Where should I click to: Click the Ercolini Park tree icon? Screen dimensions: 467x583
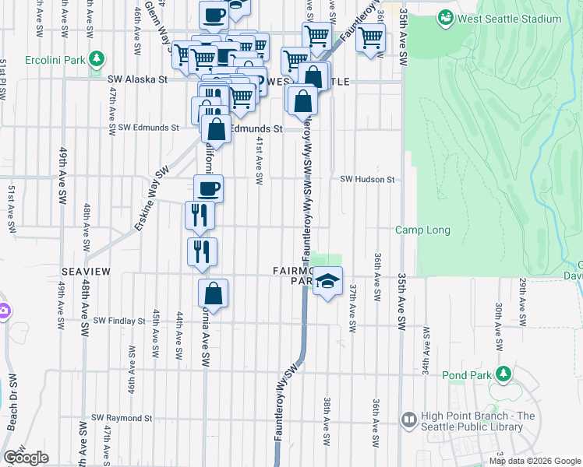[97, 58]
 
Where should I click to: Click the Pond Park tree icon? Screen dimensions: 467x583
[503, 374]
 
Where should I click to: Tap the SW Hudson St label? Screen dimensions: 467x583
[368, 179]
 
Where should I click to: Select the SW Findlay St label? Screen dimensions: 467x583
[119, 321]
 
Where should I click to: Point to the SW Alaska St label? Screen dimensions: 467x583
[138, 79]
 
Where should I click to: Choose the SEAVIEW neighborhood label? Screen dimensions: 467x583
[87, 270]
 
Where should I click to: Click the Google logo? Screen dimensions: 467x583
[26, 458]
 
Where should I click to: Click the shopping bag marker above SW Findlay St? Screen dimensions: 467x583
[212, 295]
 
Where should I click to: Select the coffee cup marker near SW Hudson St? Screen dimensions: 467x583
[208, 188]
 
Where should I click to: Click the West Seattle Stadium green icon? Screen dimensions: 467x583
[445, 16]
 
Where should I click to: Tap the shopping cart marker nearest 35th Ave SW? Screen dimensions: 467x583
[370, 37]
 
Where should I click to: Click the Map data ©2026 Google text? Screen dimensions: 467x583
[535, 461]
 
